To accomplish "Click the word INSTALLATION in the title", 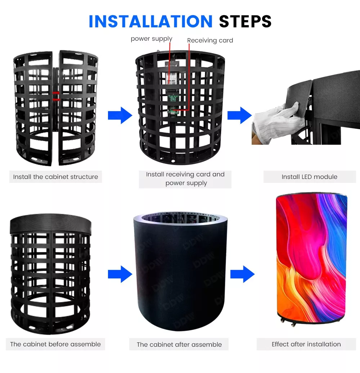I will click(x=150, y=22).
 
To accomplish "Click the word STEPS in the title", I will click(x=245, y=22).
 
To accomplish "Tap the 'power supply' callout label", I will click(x=151, y=39).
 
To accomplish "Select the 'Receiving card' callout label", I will click(x=210, y=40).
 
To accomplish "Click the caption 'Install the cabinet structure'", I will click(x=55, y=177).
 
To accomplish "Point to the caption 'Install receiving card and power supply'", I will click(x=185, y=179).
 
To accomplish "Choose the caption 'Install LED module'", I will click(x=309, y=177).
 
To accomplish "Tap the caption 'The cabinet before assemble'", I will click(x=55, y=344).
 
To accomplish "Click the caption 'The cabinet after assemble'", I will click(x=179, y=345).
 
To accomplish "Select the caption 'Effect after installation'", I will click(x=306, y=344).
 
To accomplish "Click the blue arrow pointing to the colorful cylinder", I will click(x=242, y=274).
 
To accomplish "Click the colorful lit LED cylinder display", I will click(x=312, y=256).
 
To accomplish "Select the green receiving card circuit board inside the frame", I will click(x=174, y=101).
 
